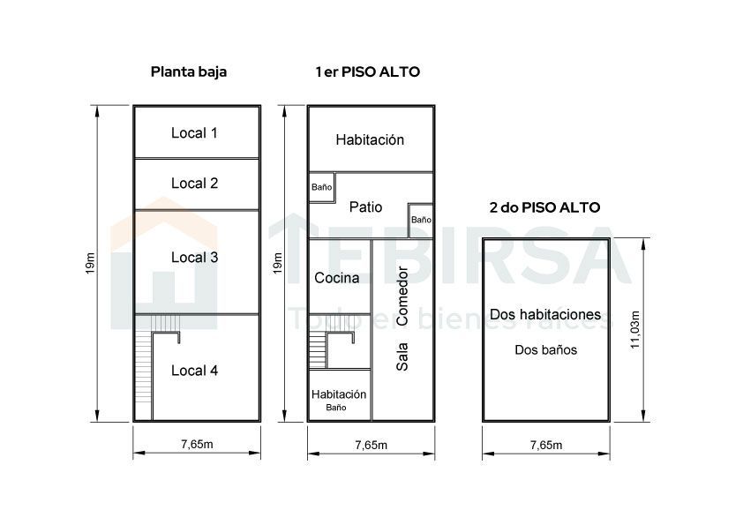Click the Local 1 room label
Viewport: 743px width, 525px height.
coord(194,132)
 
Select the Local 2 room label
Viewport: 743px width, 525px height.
coord(194,183)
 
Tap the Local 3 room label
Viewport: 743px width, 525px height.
coord(194,258)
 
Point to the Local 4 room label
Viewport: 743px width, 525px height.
coord(194,371)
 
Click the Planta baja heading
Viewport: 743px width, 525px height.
coord(189,72)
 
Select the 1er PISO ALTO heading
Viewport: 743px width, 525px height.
coord(368,72)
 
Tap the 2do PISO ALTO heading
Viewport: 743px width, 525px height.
coord(544,207)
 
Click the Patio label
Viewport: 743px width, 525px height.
coord(365,206)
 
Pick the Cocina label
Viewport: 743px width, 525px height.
coord(336,278)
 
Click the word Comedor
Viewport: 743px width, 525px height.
coord(402,296)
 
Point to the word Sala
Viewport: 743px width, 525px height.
coord(402,356)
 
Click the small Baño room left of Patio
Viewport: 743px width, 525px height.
coord(322,187)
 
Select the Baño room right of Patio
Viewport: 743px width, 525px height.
coord(421,221)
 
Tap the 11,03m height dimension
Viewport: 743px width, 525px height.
coord(635,330)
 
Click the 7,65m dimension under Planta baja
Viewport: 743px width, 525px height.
coord(197,444)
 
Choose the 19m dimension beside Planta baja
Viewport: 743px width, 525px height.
coord(90,264)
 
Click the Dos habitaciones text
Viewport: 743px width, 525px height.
coord(545,314)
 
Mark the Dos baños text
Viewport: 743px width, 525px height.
coord(546,349)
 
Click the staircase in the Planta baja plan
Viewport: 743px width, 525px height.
coord(144,367)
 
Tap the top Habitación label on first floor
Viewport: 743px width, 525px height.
coord(370,139)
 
